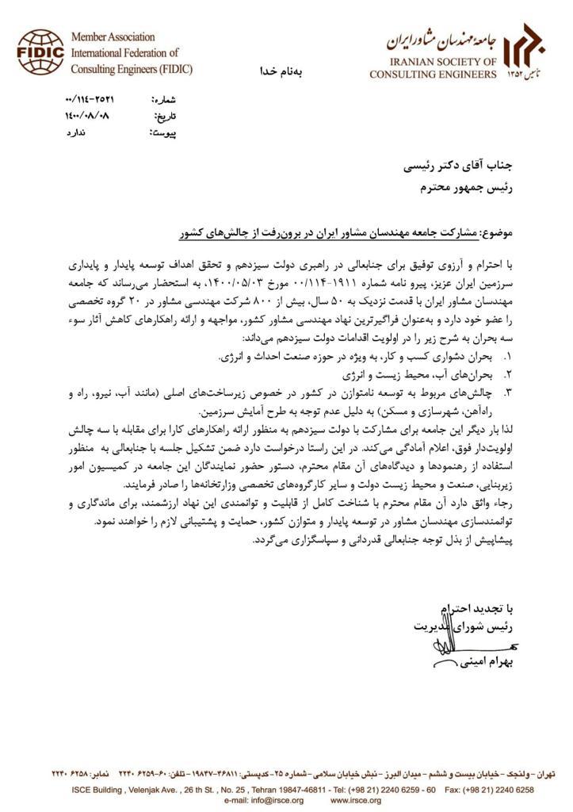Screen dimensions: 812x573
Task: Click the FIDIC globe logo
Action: coord(40,52)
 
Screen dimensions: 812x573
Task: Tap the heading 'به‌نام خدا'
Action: coord(281,71)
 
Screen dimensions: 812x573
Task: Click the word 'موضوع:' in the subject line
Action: coord(496,236)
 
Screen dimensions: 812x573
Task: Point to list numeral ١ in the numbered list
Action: coord(508,358)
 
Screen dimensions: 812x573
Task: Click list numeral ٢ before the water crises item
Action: coord(508,373)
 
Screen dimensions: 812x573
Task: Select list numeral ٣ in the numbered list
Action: coord(508,392)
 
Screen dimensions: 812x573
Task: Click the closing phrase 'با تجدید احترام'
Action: coord(477,609)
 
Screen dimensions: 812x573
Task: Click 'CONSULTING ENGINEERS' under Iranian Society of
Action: coord(433,74)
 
